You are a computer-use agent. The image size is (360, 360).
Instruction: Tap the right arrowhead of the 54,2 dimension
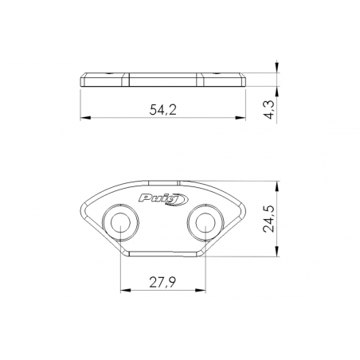tap(244, 118)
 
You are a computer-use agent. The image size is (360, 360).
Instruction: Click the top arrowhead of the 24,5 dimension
tap(276, 182)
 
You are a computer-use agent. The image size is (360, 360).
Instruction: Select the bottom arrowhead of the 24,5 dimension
tap(276, 256)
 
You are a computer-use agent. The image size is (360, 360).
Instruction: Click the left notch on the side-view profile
tap(127, 77)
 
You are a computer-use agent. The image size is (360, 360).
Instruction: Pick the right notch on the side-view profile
tap(201, 77)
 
